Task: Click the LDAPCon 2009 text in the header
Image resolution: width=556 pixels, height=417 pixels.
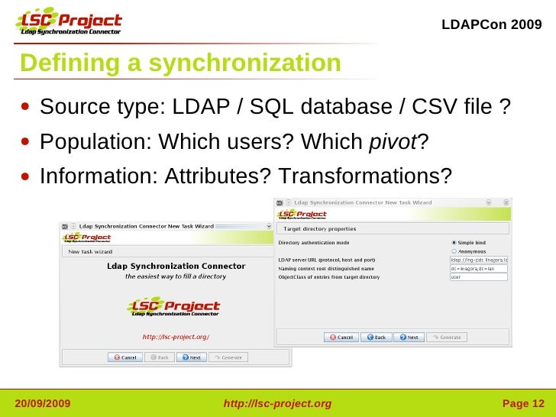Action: click(492, 25)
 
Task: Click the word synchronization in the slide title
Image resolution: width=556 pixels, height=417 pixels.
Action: click(244, 63)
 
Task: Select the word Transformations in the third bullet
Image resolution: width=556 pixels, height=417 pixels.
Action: click(360, 176)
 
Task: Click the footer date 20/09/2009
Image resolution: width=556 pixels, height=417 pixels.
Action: click(44, 403)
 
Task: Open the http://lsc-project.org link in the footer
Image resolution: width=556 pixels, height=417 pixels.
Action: click(277, 403)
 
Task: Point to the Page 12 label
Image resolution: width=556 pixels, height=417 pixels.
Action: click(523, 403)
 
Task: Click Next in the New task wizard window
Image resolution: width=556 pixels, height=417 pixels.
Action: click(190, 357)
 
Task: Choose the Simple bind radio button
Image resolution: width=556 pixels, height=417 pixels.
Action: click(454, 243)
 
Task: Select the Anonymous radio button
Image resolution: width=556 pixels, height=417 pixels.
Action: click(454, 251)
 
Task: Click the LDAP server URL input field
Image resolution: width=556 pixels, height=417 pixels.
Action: click(479, 260)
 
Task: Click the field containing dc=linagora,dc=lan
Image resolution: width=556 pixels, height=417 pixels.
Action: click(479, 269)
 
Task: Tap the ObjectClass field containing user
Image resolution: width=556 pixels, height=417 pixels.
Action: click(479, 277)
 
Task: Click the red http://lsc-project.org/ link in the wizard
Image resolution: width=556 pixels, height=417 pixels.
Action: click(176, 337)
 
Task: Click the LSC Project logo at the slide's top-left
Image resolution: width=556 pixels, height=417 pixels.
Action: click(69, 23)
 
